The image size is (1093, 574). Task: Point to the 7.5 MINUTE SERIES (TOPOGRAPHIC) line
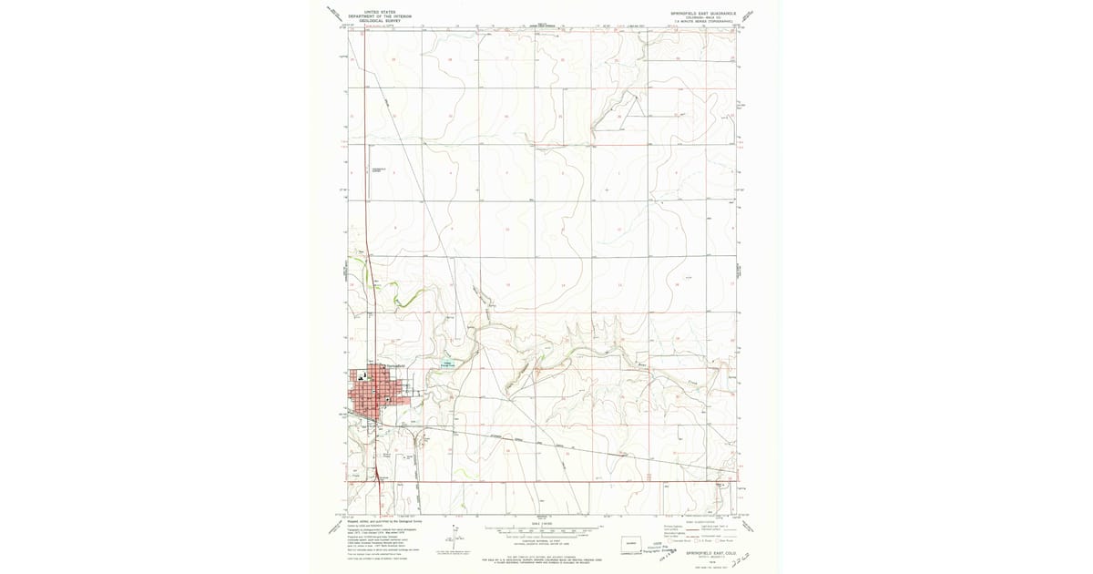pos(705,20)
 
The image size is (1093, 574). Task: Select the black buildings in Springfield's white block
pos(363,375)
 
